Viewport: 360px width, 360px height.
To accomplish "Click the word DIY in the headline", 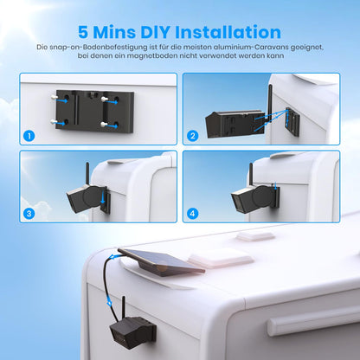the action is pyautogui.click(x=155, y=32).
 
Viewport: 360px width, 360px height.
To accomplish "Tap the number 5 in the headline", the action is pyautogui.click(x=83, y=32).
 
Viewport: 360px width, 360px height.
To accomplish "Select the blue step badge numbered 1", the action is pyautogui.click(x=29, y=136).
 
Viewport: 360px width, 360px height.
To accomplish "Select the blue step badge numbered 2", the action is pyautogui.click(x=193, y=136).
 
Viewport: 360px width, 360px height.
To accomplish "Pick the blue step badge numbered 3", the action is pyautogui.click(x=29, y=214).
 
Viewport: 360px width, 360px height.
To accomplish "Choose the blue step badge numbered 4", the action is pyautogui.click(x=193, y=214).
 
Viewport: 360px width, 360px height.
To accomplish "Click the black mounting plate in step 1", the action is pyautogui.click(x=94, y=111).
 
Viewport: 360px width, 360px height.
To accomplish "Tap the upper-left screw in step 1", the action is pyautogui.click(x=54, y=98).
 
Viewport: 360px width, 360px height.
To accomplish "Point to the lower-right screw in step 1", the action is pyautogui.click(x=105, y=125).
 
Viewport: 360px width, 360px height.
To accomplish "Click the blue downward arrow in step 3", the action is pyautogui.click(x=103, y=197).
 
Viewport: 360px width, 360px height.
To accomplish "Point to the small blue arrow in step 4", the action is pyautogui.click(x=276, y=185).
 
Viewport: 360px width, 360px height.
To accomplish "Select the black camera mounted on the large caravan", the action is pyautogui.click(x=133, y=331).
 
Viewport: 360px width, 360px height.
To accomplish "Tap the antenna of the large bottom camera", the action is pyautogui.click(x=123, y=307).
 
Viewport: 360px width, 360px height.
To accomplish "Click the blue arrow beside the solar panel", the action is pyautogui.click(x=115, y=257).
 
